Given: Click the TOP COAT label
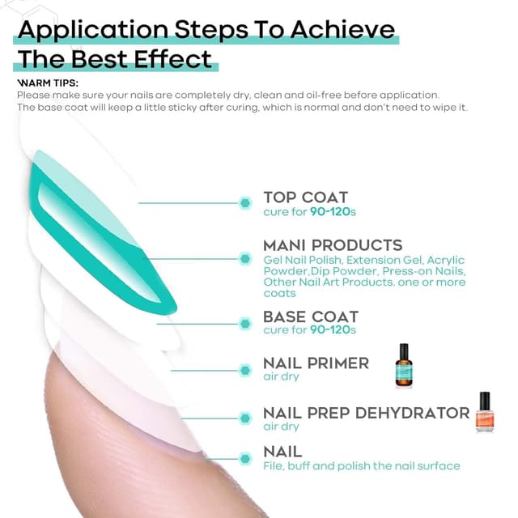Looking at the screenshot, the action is coord(306,197).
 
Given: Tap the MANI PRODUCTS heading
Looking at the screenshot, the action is coord(333,245).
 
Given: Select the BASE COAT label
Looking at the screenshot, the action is coord(311,316).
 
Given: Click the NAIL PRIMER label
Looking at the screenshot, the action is coord(316,363).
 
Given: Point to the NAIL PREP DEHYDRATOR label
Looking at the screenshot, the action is coord(367,413).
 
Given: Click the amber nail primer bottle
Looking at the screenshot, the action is coord(404,365).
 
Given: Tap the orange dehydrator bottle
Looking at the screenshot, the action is coord(485,412).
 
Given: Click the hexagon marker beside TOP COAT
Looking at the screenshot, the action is coord(245,203).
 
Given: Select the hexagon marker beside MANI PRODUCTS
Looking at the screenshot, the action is coord(245,259).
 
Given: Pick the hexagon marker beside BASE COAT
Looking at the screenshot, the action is coord(245,324).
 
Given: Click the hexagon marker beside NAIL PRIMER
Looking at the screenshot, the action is coord(245,371).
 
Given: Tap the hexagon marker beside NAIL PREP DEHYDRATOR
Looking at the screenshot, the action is coord(245,418).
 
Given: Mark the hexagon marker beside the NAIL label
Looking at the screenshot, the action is coord(245,459).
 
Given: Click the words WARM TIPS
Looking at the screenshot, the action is coord(48,83).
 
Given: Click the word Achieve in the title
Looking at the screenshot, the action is coord(342,30).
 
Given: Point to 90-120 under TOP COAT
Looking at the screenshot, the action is coord(330,212).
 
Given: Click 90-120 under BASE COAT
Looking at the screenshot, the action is coord(330,329).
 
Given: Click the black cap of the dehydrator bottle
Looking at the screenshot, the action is coord(485,400).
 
